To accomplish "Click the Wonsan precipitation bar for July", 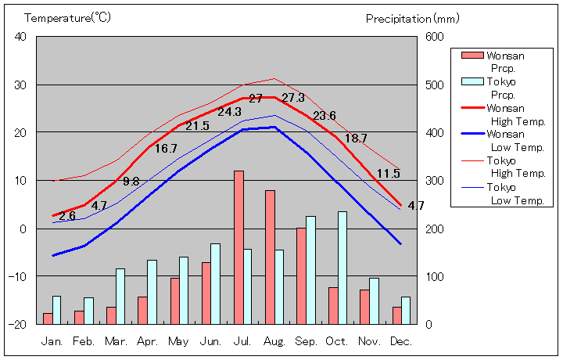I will click(238, 247).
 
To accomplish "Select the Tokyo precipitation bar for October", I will click(342, 268).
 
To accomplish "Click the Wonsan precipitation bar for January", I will click(48, 319).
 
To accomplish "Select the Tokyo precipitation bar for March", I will click(120, 296).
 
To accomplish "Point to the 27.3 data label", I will click(293, 99).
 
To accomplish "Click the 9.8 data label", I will click(131, 182).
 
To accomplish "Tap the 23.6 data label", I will click(325, 116).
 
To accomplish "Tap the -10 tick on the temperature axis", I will click(17, 276).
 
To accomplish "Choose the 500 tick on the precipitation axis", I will click(434, 85).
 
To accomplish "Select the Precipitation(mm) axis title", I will click(412, 18).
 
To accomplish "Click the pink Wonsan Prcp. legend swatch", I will click(472, 56).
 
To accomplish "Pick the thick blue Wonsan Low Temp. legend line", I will click(472, 134).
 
